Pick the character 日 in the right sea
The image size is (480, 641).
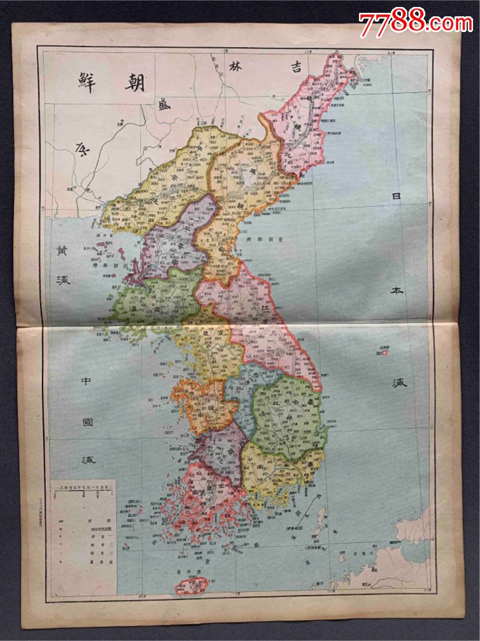(x=397, y=198)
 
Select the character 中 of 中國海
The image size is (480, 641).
(x=87, y=382)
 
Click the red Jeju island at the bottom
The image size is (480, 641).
(x=192, y=586)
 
